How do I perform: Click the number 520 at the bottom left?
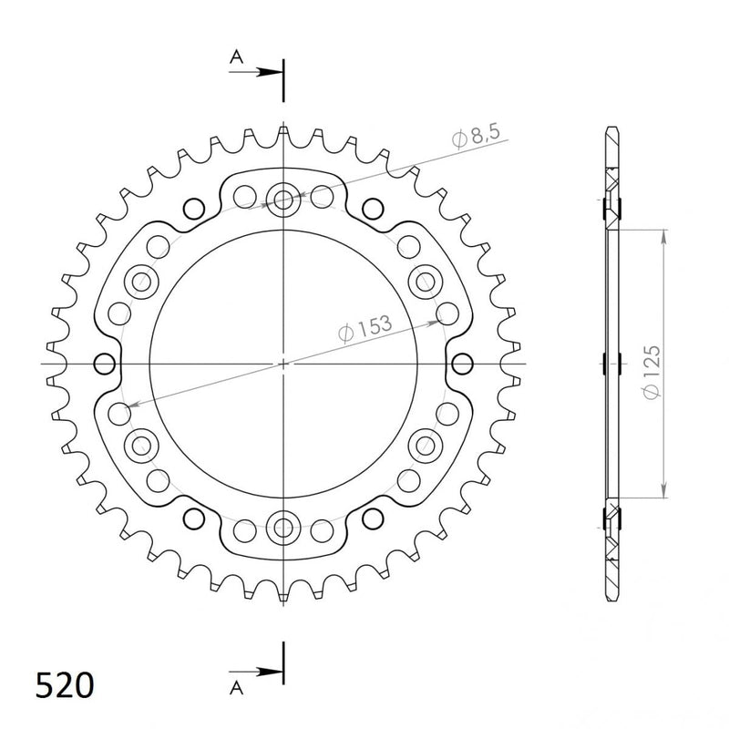(65, 685)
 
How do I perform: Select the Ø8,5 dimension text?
(476, 136)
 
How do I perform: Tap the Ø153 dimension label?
(365, 328)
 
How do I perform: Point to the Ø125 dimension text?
(652, 372)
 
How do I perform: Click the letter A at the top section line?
(237, 57)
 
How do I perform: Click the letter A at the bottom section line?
(237, 688)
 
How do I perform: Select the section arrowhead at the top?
(270, 72)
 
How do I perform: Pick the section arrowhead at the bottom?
(270, 672)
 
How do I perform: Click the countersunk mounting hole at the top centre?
(283, 200)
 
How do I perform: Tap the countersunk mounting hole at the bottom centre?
(283, 527)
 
